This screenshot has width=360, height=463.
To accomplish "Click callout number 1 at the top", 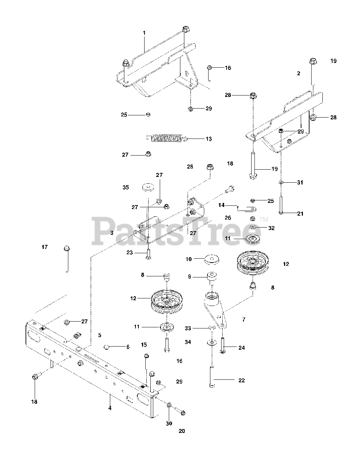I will (x=144, y=33).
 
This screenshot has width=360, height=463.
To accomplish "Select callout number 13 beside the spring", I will (x=209, y=139).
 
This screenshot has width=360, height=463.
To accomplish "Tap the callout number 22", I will (x=242, y=380).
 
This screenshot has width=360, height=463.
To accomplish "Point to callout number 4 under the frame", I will (x=110, y=408).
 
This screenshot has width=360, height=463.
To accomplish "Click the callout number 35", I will (x=125, y=187).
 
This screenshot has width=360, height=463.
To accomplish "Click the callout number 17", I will (x=44, y=247).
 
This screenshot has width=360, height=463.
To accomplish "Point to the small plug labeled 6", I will (x=107, y=347).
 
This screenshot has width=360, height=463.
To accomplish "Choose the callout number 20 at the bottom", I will (x=181, y=431).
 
